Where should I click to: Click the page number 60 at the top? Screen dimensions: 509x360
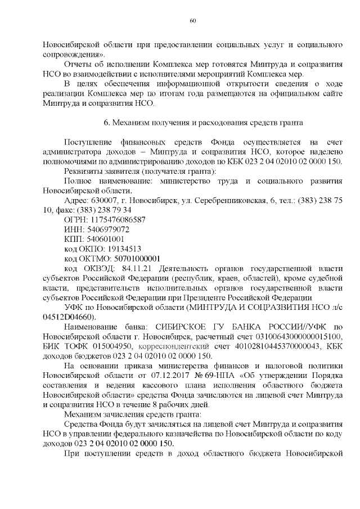click(x=192, y=21)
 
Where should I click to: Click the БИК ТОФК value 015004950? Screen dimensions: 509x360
click(x=107, y=346)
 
